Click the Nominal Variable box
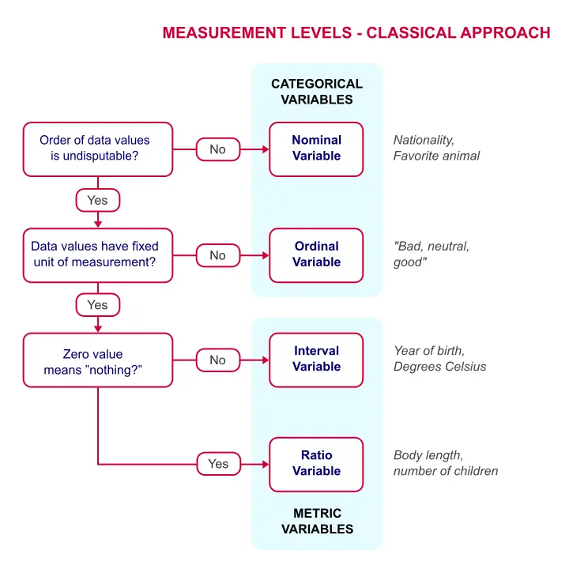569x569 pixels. tap(316, 149)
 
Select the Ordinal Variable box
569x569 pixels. tap(316, 254)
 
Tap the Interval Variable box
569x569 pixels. tap(316, 360)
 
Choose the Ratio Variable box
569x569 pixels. tap(316, 464)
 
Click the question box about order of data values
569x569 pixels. tap(98, 149)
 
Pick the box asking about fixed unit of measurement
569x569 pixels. tap(98, 254)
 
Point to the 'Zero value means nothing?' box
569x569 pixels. tap(98, 360)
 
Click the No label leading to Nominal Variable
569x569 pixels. tap(217, 149)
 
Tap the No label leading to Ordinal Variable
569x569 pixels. tap(217, 255)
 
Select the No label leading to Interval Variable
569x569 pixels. tap(217, 360)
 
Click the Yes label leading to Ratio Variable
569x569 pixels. tap(218, 464)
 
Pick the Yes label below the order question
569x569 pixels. tap(97, 201)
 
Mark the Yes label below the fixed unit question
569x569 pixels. tap(97, 305)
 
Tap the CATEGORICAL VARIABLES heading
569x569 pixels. tap(316, 92)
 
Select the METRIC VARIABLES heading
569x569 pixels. tap(316, 522)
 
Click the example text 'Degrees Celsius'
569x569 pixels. tap(439, 367)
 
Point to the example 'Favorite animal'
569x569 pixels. tap(436, 156)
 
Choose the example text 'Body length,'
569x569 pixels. tap(428, 455)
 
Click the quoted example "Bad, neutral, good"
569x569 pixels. tap(431, 254)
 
